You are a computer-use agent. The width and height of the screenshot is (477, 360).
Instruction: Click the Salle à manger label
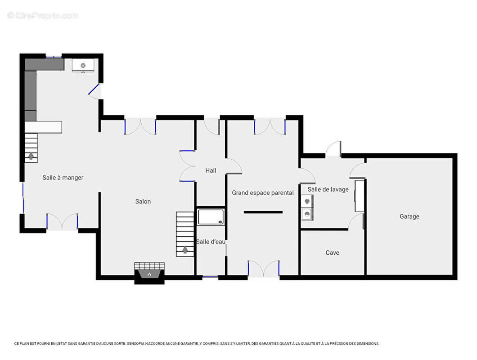coord(63,177)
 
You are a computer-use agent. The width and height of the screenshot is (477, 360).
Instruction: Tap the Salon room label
coord(143,202)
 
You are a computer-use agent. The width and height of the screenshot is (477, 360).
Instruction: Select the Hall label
coord(211,171)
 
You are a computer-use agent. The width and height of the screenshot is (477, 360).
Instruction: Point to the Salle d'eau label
coord(211,242)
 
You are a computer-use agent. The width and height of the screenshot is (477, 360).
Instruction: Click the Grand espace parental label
coord(263,193)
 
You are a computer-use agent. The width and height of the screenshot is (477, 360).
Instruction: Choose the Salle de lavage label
coord(328,189)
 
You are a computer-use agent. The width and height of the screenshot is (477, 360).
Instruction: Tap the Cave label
coord(332,252)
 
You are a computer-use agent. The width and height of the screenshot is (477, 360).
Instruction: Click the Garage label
coord(409,216)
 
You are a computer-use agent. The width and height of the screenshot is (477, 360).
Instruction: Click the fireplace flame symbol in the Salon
coord(149,274)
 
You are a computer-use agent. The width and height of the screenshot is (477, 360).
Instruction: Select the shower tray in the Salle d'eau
coord(211,216)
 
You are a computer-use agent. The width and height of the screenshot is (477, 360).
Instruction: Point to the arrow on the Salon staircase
coord(185,250)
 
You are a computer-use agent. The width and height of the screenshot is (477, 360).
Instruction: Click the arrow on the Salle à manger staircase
coord(31,156)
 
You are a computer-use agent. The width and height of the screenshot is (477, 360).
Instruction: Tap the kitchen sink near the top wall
coord(83,65)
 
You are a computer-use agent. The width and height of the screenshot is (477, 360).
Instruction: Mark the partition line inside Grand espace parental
coord(263,212)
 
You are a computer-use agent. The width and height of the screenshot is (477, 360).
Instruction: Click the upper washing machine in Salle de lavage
coord(307,201)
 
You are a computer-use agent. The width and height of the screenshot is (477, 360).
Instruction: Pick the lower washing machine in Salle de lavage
coord(307,214)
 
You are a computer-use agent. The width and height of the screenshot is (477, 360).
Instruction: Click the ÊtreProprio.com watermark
coord(43,15)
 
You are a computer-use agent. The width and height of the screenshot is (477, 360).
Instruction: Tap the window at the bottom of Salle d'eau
coord(211,277)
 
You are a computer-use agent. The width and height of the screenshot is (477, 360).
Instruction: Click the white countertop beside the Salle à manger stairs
coord(43,127)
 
